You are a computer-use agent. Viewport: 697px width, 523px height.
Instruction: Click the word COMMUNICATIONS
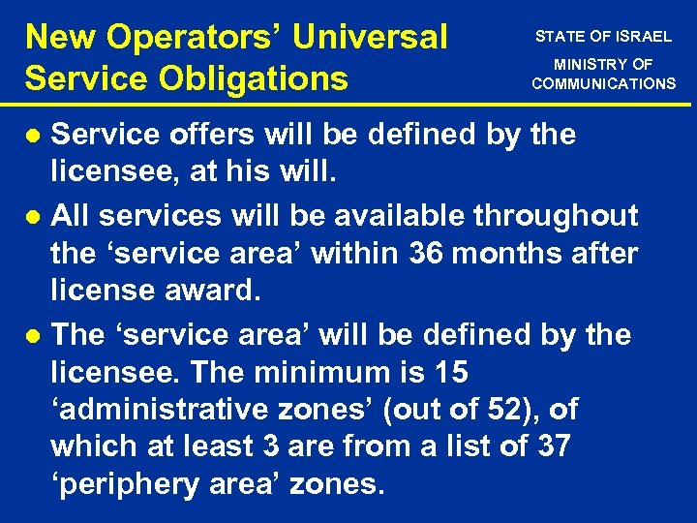pos(603,84)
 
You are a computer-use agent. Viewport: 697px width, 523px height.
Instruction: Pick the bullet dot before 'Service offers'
pos(34,136)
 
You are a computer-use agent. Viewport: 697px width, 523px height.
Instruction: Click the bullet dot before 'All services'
pos(34,215)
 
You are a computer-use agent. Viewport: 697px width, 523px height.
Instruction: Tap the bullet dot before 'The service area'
pos(34,336)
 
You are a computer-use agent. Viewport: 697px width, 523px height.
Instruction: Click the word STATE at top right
pos(560,37)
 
